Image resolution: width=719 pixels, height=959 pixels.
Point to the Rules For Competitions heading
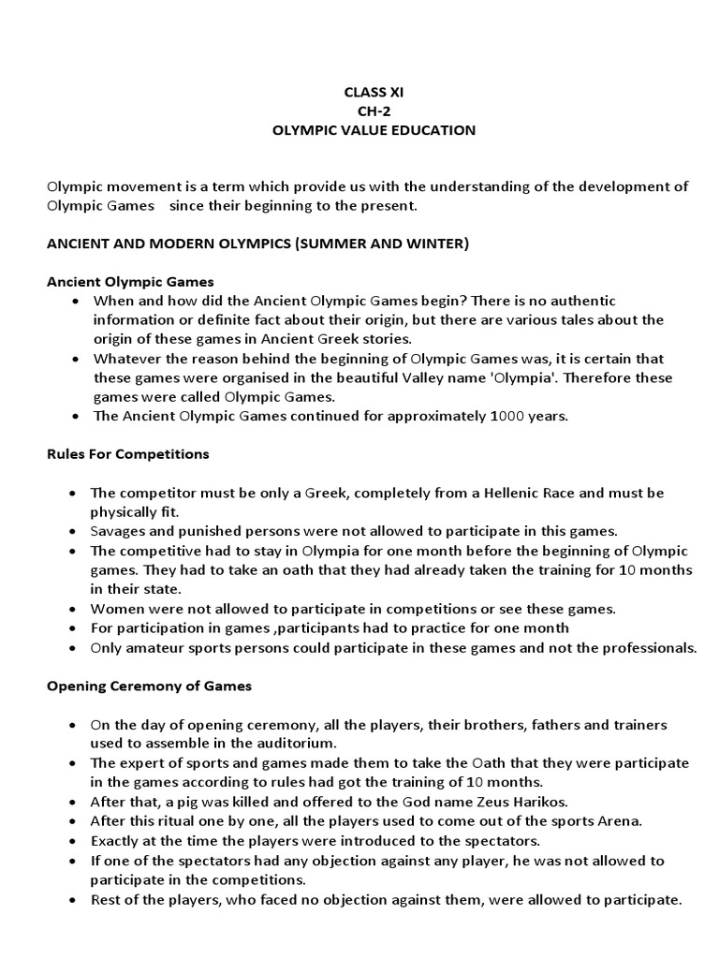coord(128,454)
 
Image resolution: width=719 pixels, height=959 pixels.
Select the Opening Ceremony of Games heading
coord(149,686)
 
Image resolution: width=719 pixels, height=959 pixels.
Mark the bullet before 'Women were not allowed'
coord(74,609)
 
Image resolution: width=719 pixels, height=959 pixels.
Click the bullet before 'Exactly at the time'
coord(74,841)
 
